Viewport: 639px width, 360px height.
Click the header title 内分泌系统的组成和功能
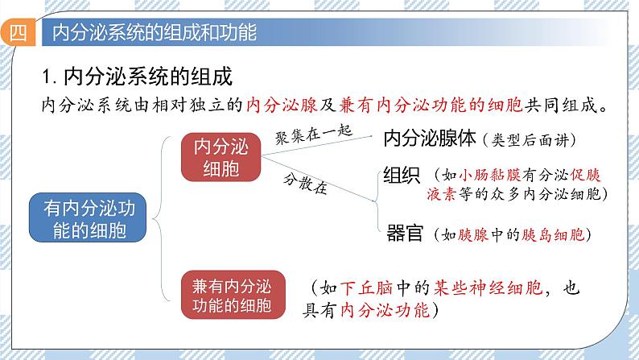click(154, 33)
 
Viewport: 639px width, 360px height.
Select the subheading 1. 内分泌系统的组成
click(136, 78)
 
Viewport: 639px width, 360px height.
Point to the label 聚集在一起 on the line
click(308, 134)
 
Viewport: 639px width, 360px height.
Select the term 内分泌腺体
click(431, 139)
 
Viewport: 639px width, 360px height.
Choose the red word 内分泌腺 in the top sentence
click(272, 106)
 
